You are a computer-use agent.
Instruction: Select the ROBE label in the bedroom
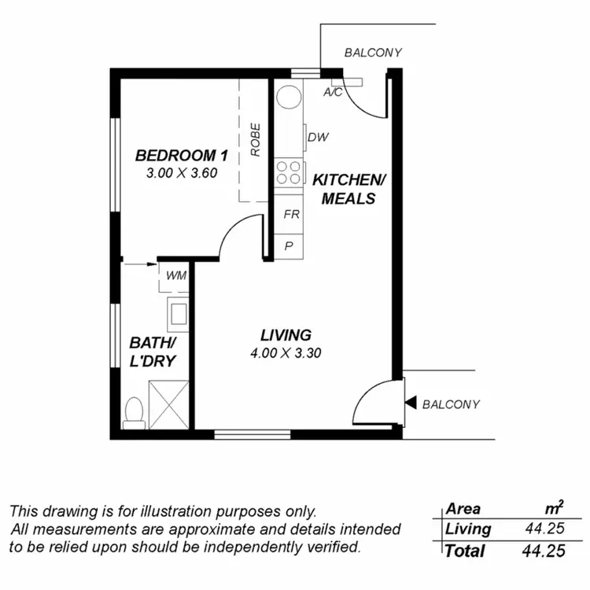point(256,139)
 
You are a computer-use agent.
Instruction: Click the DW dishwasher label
point(318,138)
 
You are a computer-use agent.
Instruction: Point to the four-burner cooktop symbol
point(289,172)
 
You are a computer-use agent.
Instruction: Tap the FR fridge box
point(290,215)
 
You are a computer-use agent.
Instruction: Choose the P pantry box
point(289,245)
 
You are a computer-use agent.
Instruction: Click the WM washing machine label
point(176,275)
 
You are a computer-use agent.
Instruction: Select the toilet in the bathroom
point(135,411)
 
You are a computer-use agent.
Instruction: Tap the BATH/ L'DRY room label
point(152,352)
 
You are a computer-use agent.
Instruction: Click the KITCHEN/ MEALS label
point(348,189)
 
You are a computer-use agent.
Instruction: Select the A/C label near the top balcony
point(333,92)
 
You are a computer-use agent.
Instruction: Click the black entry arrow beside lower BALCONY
point(410,404)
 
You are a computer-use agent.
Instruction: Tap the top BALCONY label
point(373,53)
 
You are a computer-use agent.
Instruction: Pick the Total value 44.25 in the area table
point(544,551)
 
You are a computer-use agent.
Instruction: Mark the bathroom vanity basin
point(177,313)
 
